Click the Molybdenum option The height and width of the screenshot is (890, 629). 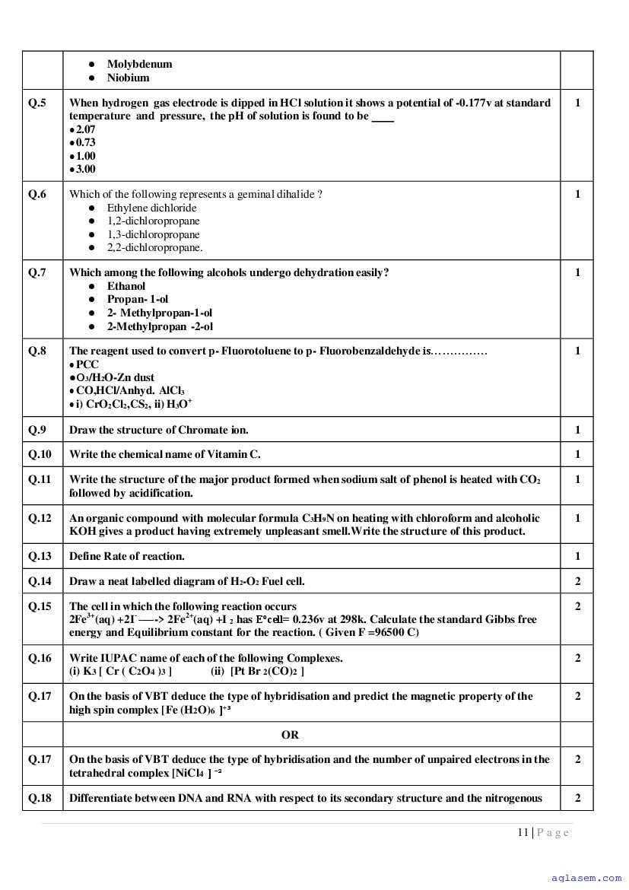tap(139, 64)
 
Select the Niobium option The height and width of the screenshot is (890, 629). tap(128, 78)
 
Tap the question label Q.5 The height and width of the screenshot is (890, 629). tap(37, 103)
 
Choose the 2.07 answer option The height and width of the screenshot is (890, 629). tap(85, 129)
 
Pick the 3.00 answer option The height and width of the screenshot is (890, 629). tap(85, 169)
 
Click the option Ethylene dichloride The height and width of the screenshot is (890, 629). tap(151, 208)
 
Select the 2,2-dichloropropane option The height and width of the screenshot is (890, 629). tap(154, 247)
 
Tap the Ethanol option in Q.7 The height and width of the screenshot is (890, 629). tap(125, 286)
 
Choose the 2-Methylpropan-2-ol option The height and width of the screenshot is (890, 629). tap(160, 326)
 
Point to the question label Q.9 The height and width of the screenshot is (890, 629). tap(37, 430)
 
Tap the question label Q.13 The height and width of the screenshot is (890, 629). tap(40, 556)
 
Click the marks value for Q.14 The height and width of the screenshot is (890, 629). tap(577, 581)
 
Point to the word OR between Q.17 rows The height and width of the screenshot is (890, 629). tap(290, 735)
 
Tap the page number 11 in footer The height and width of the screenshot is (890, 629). tap(523, 832)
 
